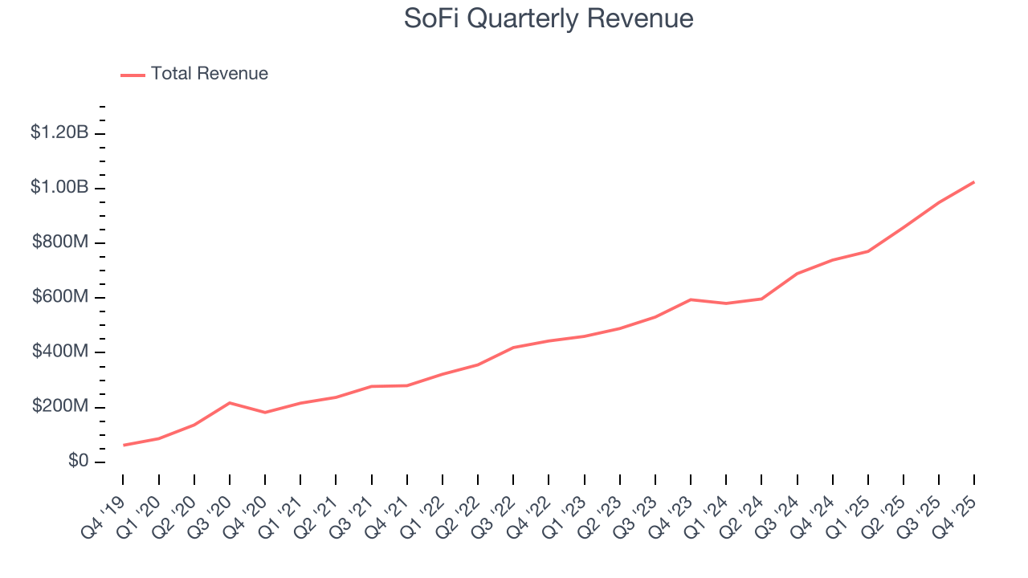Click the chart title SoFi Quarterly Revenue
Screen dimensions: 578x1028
click(549, 18)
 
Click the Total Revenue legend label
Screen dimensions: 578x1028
click(209, 74)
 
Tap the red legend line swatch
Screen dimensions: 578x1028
click(133, 75)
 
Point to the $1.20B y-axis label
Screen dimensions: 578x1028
click(59, 132)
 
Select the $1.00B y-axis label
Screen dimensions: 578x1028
click(59, 187)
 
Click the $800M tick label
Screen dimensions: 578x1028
click(59, 242)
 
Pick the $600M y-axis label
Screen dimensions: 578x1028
click(59, 297)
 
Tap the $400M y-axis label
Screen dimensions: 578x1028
click(59, 352)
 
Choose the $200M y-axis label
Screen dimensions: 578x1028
click(59, 407)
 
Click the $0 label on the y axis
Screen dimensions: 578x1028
click(78, 462)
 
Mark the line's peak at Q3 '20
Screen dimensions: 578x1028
click(230, 403)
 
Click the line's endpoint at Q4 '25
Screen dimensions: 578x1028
click(974, 182)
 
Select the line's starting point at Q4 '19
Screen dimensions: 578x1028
click(123, 445)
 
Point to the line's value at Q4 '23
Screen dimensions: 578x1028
click(691, 299)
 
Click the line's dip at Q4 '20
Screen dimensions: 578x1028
click(265, 413)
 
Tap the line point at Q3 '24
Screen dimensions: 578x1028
click(797, 274)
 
